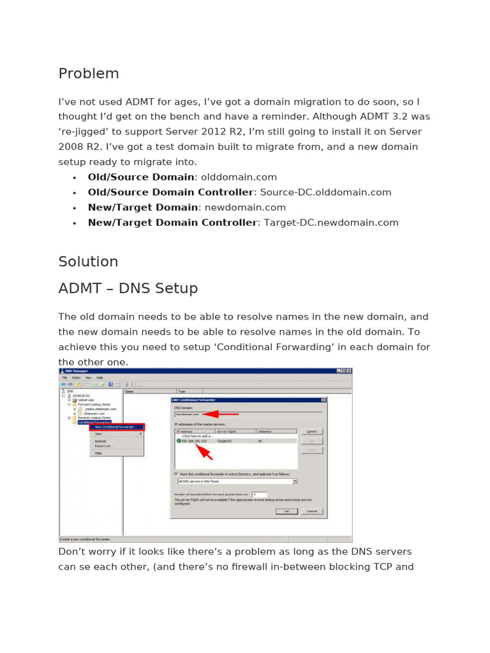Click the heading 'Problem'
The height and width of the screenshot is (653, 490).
click(89, 73)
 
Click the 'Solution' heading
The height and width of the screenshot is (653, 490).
click(88, 261)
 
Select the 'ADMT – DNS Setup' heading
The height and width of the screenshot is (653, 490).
click(128, 288)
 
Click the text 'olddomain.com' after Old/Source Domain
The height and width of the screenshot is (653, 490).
click(239, 177)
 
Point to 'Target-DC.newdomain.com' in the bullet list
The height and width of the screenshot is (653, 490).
click(330, 223)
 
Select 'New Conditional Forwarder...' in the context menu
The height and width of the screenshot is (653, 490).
click(116, 427)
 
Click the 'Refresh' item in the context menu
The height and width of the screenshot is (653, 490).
click(101, 441)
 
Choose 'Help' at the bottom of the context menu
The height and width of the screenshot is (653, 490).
click(98, 453)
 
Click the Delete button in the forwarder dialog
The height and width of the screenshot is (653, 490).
click(311, 432)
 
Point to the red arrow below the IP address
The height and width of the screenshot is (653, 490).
click(205, 451)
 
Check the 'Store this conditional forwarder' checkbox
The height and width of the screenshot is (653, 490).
click(176, 474)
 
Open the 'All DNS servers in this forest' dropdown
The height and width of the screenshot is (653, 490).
click(294, 481)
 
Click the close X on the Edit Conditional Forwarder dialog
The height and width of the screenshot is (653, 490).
click(323, 400)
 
